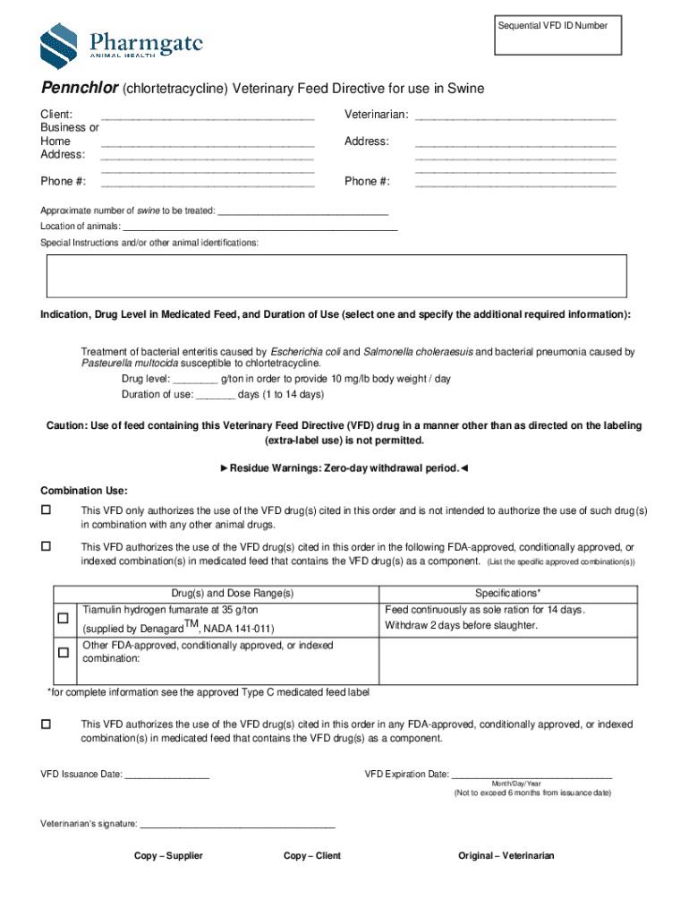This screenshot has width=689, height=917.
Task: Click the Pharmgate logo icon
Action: (x=58, y=44)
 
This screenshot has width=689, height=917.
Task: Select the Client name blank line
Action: (x=208, y=116)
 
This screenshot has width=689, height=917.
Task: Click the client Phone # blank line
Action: (x=208, y=184)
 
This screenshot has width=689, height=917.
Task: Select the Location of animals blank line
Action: (x=259, y=228)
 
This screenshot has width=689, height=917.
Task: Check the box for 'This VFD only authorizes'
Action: (x=46, y=510)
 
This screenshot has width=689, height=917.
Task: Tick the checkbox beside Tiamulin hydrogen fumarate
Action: (x=64, y=619)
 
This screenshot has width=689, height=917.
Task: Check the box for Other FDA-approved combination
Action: (x=64, y=653)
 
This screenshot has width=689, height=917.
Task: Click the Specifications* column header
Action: (x=507, y=594)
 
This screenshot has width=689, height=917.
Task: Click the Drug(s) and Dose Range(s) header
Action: (x=232, y=594)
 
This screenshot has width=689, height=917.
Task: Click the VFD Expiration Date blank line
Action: (x=532, y=776)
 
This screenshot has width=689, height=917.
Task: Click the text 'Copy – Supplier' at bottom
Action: (x=168, y=856)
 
